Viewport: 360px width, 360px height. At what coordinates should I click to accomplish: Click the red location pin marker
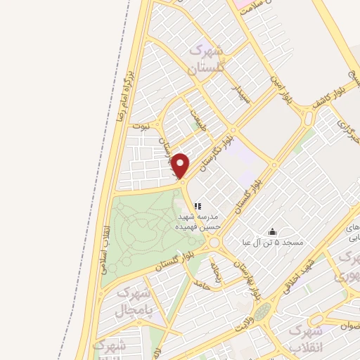coord(181,166)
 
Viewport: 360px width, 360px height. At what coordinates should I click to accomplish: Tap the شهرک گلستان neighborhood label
coord(205,60)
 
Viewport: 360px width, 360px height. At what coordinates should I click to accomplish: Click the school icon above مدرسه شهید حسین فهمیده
coord(198,206)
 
